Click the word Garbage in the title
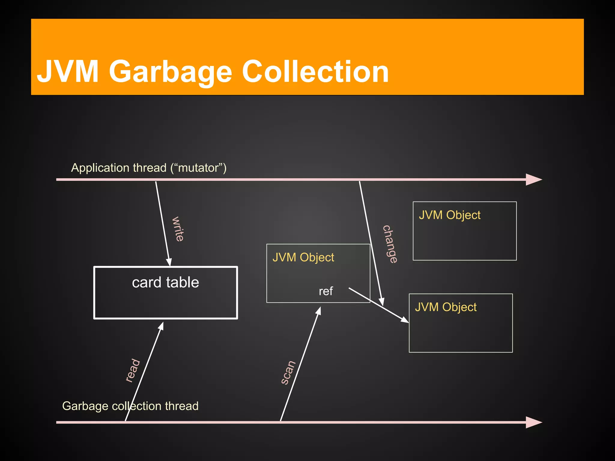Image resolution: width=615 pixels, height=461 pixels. [170, 72]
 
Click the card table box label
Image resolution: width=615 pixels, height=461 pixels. [165, 282]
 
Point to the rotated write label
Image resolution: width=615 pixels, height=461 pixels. [178, 229]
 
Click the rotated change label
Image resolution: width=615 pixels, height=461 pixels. [390, 244]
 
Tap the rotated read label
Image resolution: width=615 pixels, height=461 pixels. [133, 370]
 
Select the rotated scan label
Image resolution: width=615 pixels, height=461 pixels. [288, 372]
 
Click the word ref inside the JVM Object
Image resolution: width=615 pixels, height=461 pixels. [326, 291]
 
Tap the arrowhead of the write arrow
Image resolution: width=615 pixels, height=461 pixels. [169, 262]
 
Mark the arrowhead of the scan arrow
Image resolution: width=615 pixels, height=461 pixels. [319, 311]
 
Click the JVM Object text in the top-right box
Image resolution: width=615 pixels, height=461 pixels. [450, 215]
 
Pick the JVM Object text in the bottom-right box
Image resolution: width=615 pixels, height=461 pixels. [446, 307]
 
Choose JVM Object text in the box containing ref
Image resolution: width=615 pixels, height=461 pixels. [303, 258]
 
